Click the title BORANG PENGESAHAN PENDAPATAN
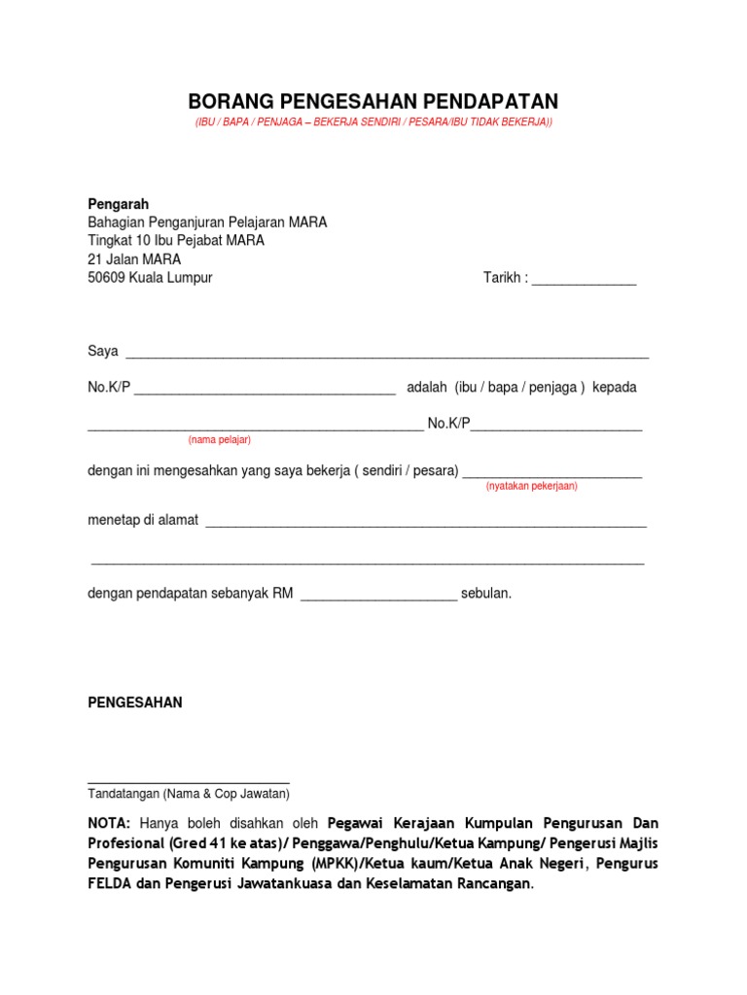[x=373, y=102]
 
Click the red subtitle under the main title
[x=373, y=122]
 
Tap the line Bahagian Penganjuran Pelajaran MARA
[x=207, y=223]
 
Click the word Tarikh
[x=503, y=278]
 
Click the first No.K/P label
[x=109, y=388]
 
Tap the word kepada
[x=615, y=387]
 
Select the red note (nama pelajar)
[x=220, y=440]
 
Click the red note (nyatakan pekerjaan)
[x=532, y=486]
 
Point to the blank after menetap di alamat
[x=426, y=522]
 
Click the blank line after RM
[x=378, y=595]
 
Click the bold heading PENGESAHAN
[x=135, y=703]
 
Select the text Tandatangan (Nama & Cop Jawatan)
[x=189, y=793]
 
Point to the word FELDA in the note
[x=109, y=883]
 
